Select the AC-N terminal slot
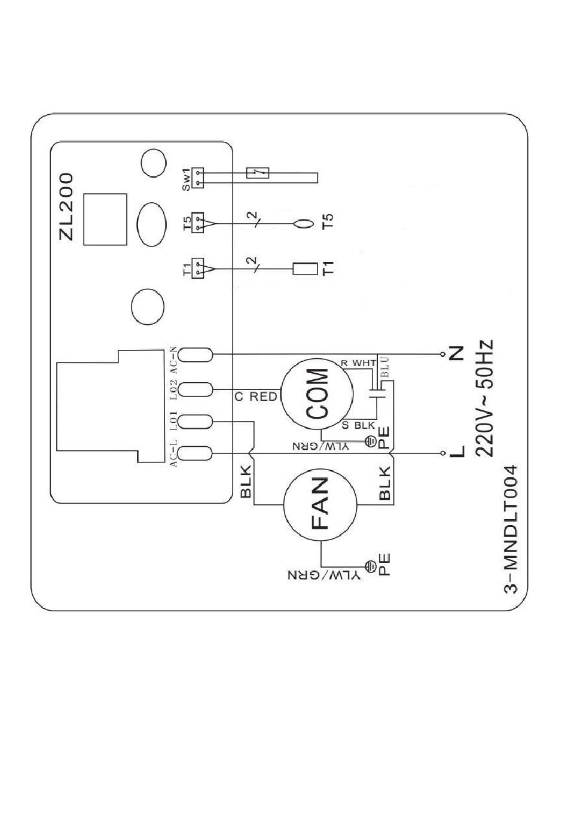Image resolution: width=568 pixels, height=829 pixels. click(196, 355)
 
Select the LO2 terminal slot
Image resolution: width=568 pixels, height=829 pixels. click(196, 389)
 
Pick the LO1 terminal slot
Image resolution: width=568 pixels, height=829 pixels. click(196, 422)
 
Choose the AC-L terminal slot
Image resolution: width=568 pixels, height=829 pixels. click(196, 453)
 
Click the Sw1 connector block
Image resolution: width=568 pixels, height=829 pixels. click(198, 178)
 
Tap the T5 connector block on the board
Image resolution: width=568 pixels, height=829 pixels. click(198, 223)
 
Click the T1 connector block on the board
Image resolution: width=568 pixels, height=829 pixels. click(198, 269)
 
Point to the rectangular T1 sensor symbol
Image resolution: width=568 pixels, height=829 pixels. click(305, 269)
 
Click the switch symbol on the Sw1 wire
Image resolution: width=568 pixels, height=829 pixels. click(258, 173)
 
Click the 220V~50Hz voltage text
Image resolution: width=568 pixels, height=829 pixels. click(484, 398)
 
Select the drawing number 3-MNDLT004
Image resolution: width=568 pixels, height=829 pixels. click(510, 530)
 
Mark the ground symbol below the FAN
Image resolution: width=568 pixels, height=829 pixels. click(370, 565)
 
